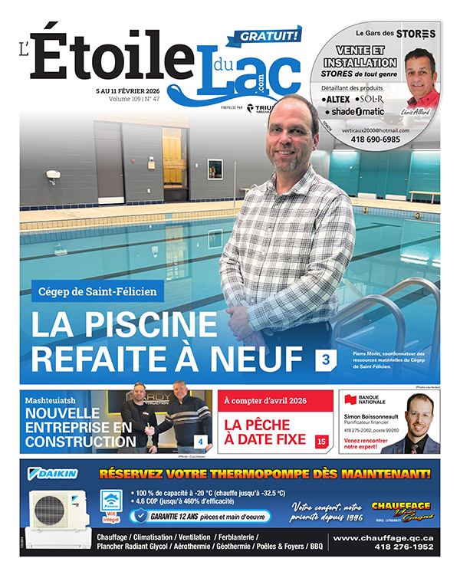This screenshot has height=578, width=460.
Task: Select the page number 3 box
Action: [x=325, y=357]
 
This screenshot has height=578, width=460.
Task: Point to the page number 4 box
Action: [x=200, y=442]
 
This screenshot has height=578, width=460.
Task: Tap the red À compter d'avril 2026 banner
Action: [x=265, y=400]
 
